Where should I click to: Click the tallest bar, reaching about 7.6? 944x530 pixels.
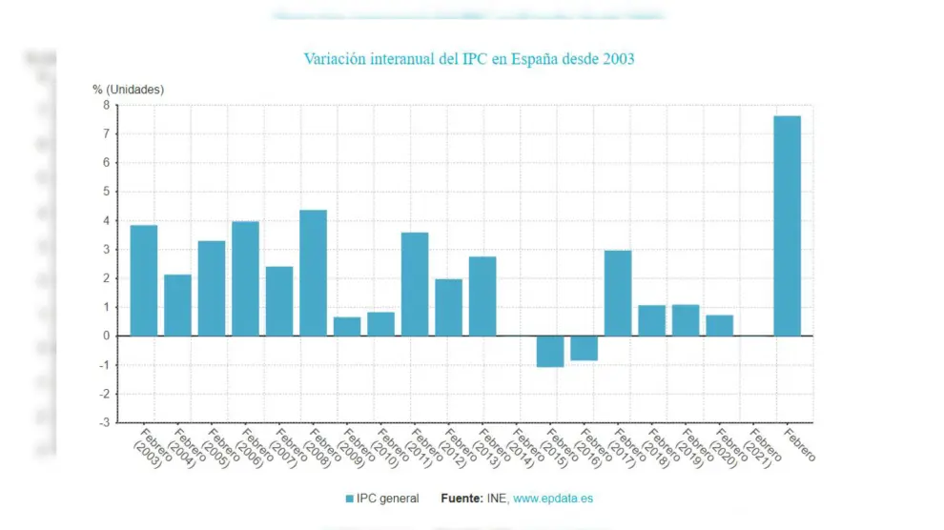click(x=787, y=226)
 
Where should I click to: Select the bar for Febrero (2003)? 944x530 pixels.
click(x=144, y=280)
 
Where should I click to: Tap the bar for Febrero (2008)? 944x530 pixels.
click(x=313, y=273)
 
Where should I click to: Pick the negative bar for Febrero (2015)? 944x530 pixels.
click(x=550, y=351)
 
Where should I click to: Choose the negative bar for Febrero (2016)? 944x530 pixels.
click(x=584, y=348)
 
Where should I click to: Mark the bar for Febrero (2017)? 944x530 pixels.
click(x=618, y=293)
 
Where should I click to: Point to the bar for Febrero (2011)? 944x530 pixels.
click(x=415, y=284)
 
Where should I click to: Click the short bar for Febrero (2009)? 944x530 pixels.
click(x=347, y=326)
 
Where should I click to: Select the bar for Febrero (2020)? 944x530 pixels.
click(x=719, y=325)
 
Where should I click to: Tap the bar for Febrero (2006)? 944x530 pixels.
click(x=245, y=278)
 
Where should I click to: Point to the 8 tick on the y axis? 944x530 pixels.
click(x=106, y=105)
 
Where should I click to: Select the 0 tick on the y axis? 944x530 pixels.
click(x=106, y=336)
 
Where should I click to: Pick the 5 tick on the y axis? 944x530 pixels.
click(x=106, y=192)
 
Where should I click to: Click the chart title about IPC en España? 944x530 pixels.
click(x=468, y=59)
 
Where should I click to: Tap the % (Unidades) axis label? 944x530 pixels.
click(x=128, y=89)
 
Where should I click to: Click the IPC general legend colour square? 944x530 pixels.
click(x=349, y=499)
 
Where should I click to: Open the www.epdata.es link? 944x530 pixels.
click(x=553, y=499)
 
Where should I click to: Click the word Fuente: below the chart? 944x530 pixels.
click(x=462, y=499)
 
